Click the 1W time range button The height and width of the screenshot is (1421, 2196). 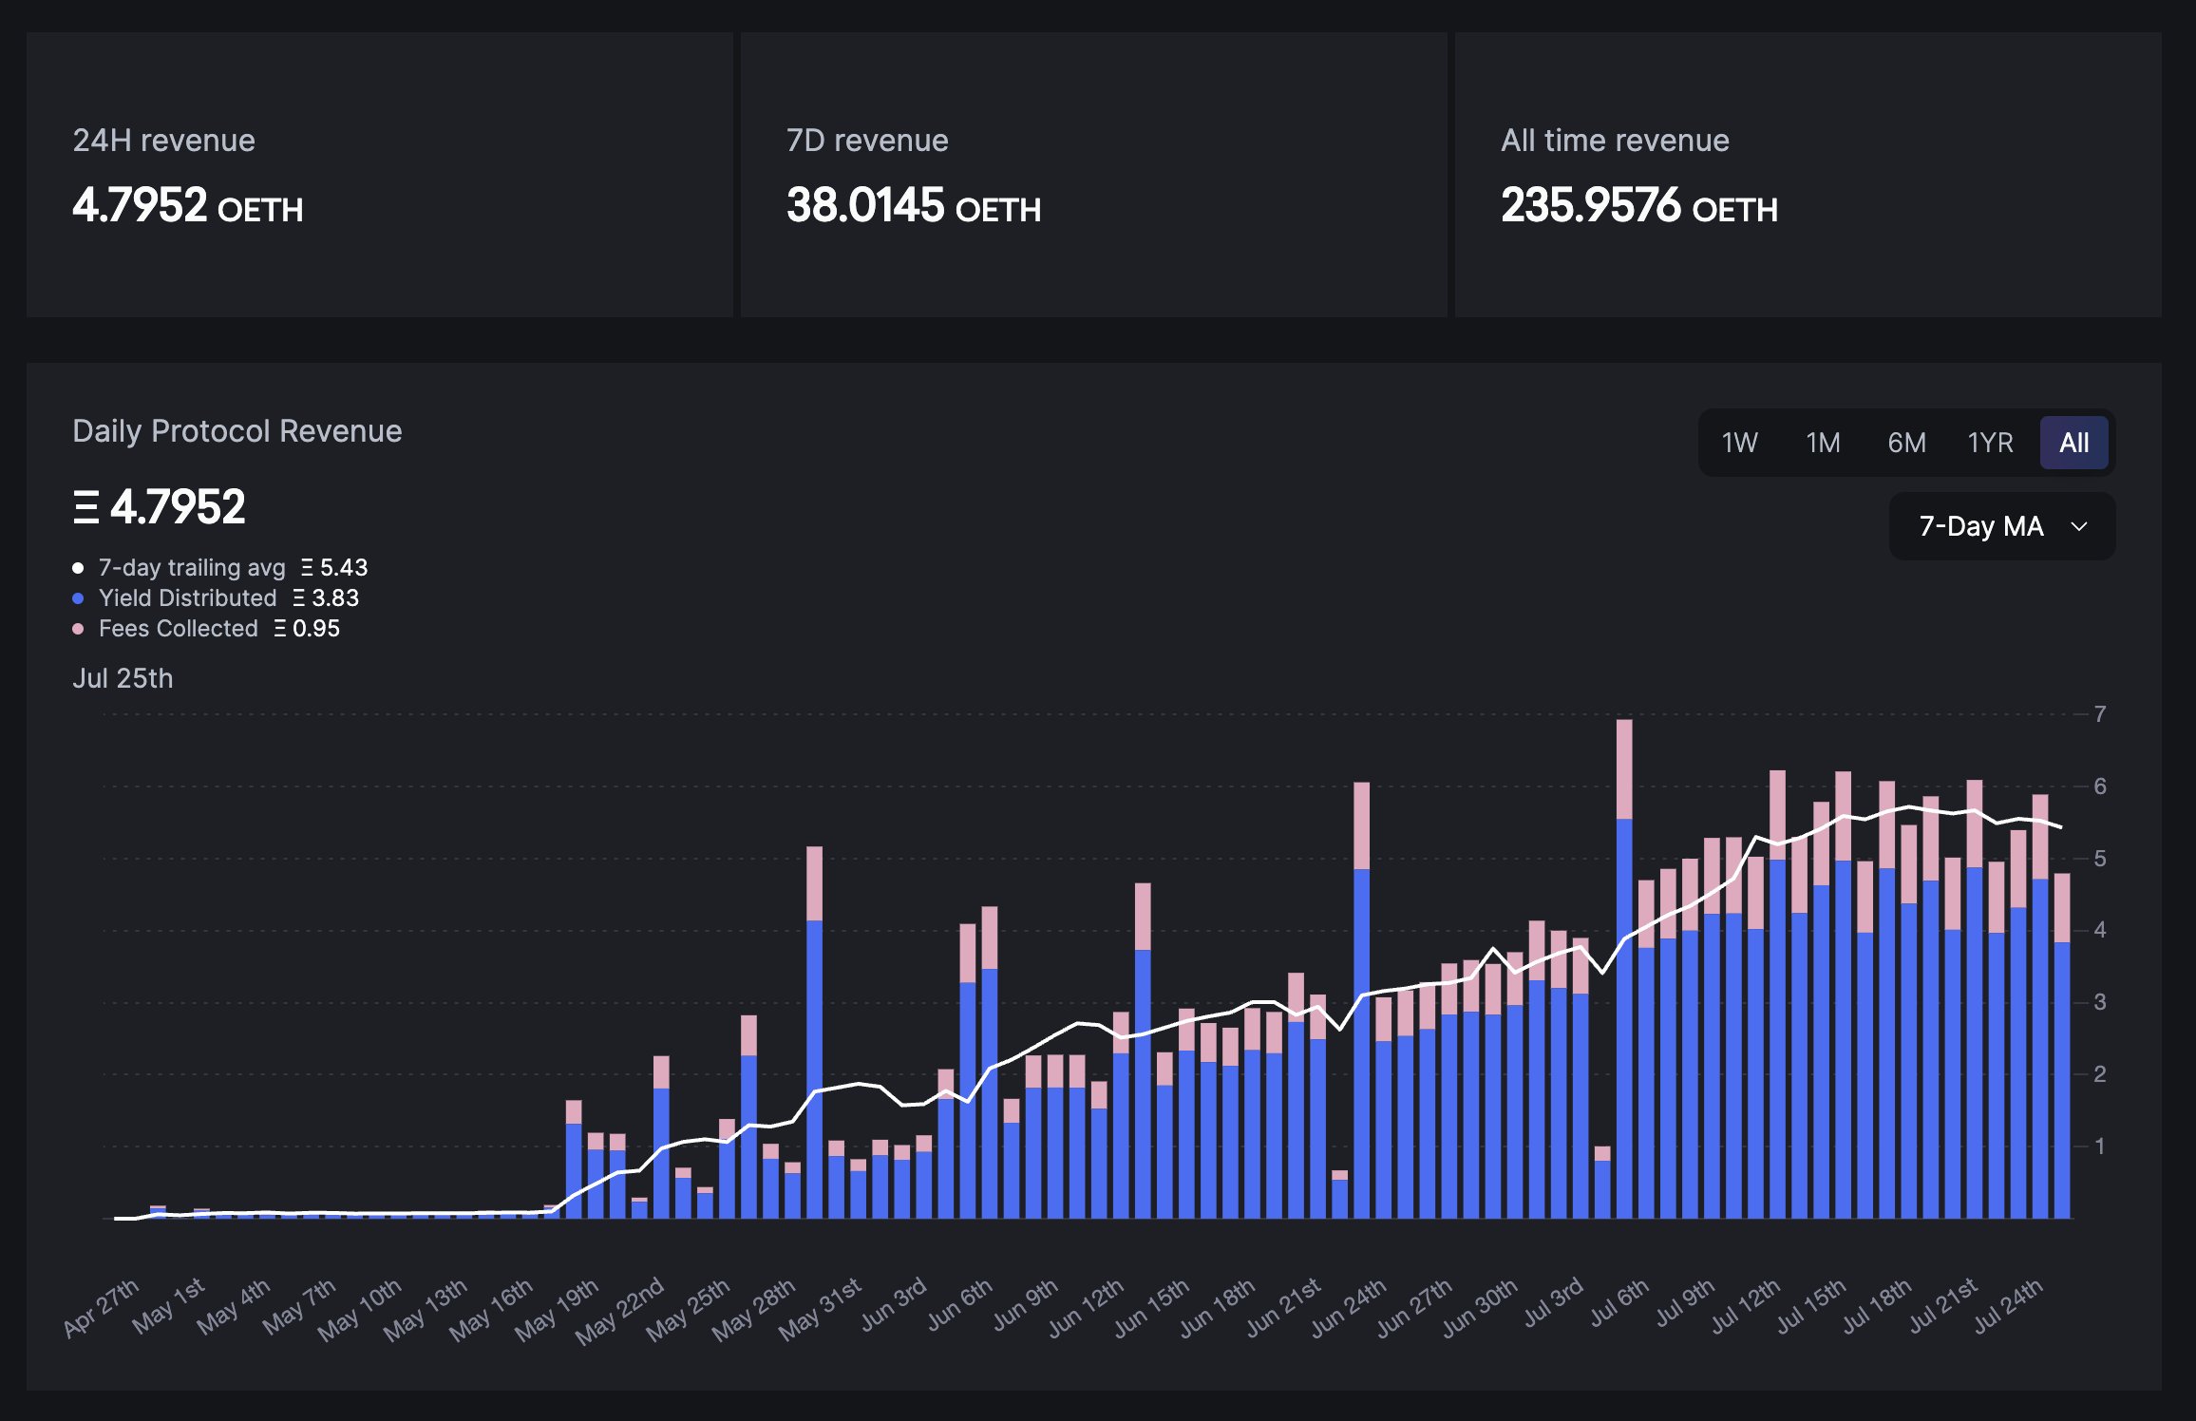coord(1739,443)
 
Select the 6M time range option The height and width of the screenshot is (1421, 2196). coord(1906,443)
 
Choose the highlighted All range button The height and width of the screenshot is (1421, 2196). coord(2073,443)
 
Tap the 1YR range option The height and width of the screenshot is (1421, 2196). coord(1990,443)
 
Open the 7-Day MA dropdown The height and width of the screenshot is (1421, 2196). coord(2001,526)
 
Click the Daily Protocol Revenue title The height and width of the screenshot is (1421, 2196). coord(237,431)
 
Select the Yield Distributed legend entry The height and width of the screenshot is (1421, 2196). coord(188,598)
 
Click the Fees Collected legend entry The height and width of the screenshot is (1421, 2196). coord(179,629)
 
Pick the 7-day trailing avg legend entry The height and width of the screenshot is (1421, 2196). coord(192,568)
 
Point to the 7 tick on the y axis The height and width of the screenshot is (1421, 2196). coord(2100,713)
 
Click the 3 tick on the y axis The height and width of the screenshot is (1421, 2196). coord(2100,1002)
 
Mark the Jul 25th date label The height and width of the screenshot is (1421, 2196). coord(123,678)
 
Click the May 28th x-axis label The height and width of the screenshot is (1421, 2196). coord(754,1309)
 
